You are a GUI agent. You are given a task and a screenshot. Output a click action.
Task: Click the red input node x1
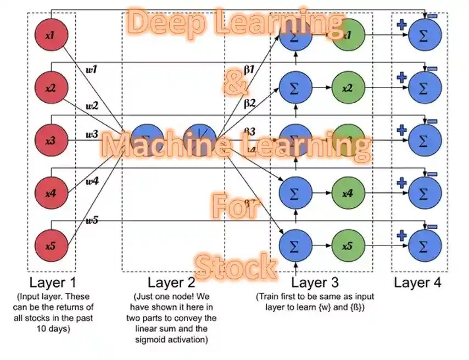click(51, 35)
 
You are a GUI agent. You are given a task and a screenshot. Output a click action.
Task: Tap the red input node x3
click(51, 141)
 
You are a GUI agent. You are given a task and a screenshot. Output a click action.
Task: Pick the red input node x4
click(51, 193)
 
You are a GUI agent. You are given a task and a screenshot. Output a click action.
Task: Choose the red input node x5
click(51, 246)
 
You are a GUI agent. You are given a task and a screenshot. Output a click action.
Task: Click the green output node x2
click(347, 88)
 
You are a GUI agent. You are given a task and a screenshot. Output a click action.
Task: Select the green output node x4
click(347, 193)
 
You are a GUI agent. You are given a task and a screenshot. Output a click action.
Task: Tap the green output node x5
click(347, 246)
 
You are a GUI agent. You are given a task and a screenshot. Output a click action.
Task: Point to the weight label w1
click(92, 69)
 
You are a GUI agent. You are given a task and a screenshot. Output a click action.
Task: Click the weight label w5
click(91, 220)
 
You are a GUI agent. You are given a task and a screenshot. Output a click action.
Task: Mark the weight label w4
click(92, 180)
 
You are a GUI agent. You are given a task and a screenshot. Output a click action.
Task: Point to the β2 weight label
click(250, 103)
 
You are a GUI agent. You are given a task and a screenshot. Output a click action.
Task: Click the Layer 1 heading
click(53, 283)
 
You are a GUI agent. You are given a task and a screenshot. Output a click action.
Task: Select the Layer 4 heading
click(417, 283)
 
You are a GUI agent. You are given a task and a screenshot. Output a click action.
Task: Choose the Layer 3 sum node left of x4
click(295, 193)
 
